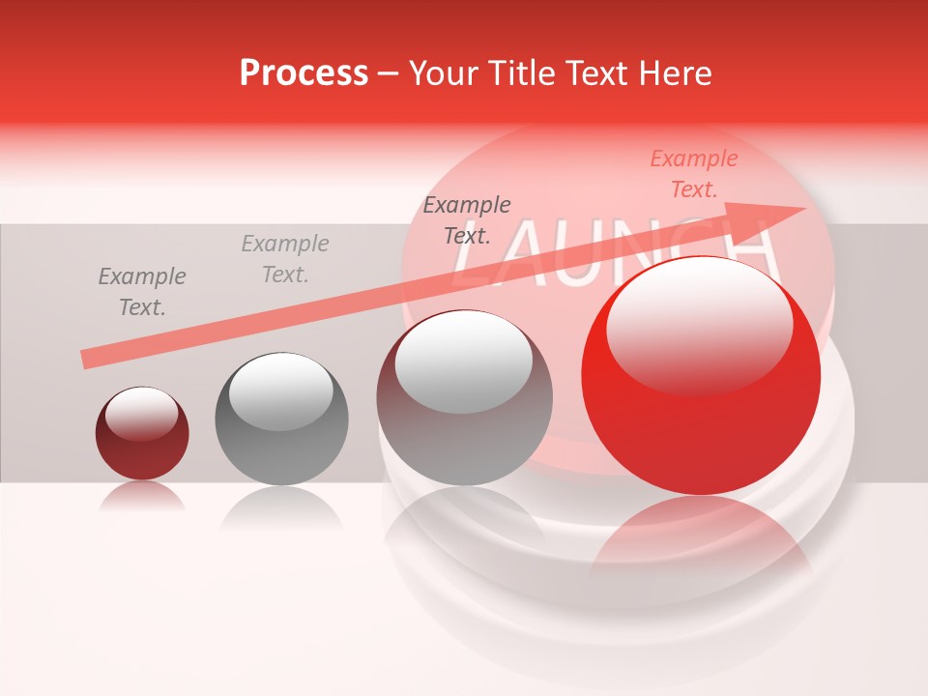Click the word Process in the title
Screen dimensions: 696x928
point(304,73)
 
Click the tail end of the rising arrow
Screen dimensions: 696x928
point(87,360)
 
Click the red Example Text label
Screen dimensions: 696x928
point(693,174)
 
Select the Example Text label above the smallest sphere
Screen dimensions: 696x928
point(141,292)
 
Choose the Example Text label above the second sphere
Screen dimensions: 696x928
point(285,259)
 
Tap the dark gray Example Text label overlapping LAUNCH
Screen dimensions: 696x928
point(467,219)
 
